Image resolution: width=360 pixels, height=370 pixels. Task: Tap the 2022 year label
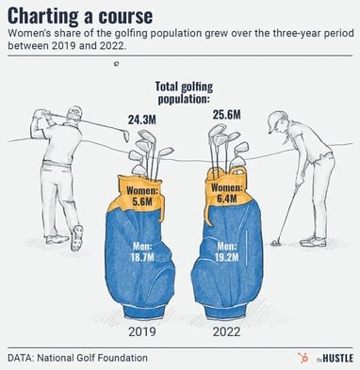tap(224, 330)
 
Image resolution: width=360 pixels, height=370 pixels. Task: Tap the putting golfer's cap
tap(276, 119)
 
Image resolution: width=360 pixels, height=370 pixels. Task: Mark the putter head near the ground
tap(276, 242)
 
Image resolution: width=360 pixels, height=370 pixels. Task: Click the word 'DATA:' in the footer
tap(24, 358)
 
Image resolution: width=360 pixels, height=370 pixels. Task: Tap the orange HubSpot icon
tap(303, 358)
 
